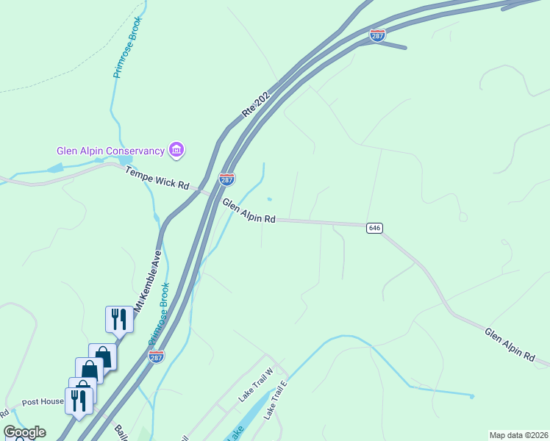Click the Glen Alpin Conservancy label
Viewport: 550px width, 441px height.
click(110, 151)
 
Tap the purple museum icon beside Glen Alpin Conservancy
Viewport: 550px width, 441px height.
click(176, 151)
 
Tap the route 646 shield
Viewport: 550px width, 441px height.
click(374, 228)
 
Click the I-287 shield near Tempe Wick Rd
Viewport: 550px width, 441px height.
click(226, 179)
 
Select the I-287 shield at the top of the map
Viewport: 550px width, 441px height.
click(377, 35)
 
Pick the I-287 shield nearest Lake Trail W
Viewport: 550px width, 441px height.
click(156, 356)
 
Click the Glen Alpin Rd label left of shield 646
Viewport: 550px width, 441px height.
click(249, 210)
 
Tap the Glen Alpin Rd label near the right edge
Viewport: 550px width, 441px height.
click(509, 344)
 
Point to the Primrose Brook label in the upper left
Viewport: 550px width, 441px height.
click(127, 48)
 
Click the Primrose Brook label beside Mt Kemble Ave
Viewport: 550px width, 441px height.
click(160, 315)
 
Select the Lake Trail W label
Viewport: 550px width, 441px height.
click(255, 384)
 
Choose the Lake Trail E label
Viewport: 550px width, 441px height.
click(274, 401)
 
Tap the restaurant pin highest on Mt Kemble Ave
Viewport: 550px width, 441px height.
click(119, 320)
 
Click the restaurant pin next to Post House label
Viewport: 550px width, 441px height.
click(79, 401)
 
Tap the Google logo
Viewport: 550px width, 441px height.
click(24, 432)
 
